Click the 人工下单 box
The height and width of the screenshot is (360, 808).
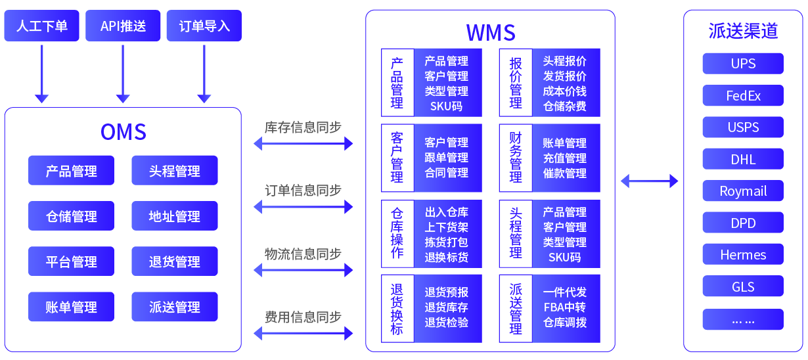tap(41, 26)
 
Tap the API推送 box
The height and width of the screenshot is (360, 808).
tap(123, 26)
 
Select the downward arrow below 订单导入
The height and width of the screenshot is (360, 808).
tap(204, 72)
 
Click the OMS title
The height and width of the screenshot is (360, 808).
tap(123, 132)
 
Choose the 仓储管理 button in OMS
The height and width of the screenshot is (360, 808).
tap(71, 216)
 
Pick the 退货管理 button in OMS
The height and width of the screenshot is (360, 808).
tap(174, 261)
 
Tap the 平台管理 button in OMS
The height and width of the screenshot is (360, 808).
tap(71, 261)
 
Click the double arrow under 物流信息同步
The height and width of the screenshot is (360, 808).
tap(303, 269)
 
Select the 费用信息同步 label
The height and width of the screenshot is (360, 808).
tap(303, 317)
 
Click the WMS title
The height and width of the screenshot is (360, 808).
tap(490, 32)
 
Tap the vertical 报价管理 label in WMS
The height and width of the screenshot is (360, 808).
tap(516, 83)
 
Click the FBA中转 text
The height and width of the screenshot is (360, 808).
tap(564, 307)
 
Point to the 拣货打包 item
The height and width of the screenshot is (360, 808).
tap(446, 242)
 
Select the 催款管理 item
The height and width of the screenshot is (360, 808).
tap(564, 173)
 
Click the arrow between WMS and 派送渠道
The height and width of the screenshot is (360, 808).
tap(649, 181)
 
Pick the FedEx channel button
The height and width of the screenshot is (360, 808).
tap(743, 96)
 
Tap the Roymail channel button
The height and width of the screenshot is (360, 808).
tap(743, 192)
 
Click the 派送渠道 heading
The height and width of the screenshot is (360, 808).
tap(743, 31)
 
